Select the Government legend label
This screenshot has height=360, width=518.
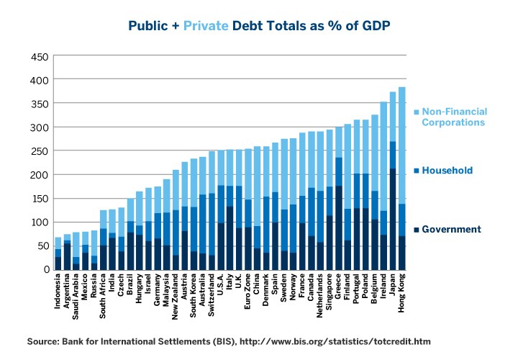pos(450,230)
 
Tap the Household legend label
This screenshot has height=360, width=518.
pos(448,171)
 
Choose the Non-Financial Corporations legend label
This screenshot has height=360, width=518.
pos(454,117)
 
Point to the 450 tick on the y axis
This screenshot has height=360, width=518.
pos(40,57)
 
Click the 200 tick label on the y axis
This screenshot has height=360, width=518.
pos(40,175)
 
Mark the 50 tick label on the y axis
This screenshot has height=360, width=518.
pos(42,246)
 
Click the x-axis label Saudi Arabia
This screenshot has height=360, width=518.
pos(76,301)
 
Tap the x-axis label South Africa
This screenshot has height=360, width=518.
pos(104,301)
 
